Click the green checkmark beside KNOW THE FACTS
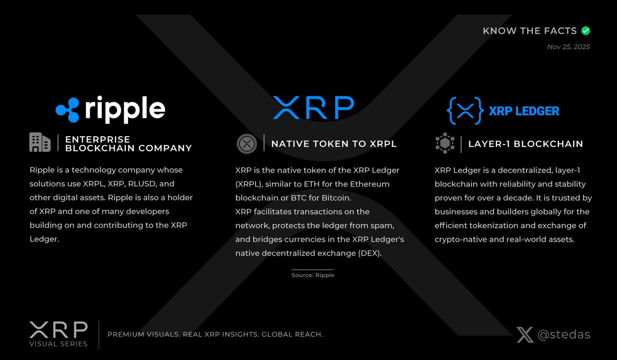click(x=586, y=31)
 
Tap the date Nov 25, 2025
click(x=568, y=47)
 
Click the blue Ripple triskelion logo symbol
click(x=67, y=109)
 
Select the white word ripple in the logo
click(x=124, y=108)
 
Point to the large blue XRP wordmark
click(x=314, y=107)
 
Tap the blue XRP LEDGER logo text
click(x=524, y=111)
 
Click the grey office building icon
click(x=40, y=142)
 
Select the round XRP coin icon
click(x=246, y=143)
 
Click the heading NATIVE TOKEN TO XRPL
click(x=334, y=144)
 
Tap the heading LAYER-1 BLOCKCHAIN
click(x=525, y=144)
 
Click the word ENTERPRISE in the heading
click(x=98, y=139)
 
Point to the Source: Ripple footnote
click(x=313, y=275)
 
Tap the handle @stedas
click(x=564, y=335)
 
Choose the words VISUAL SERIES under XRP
click(x=58, y=344)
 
